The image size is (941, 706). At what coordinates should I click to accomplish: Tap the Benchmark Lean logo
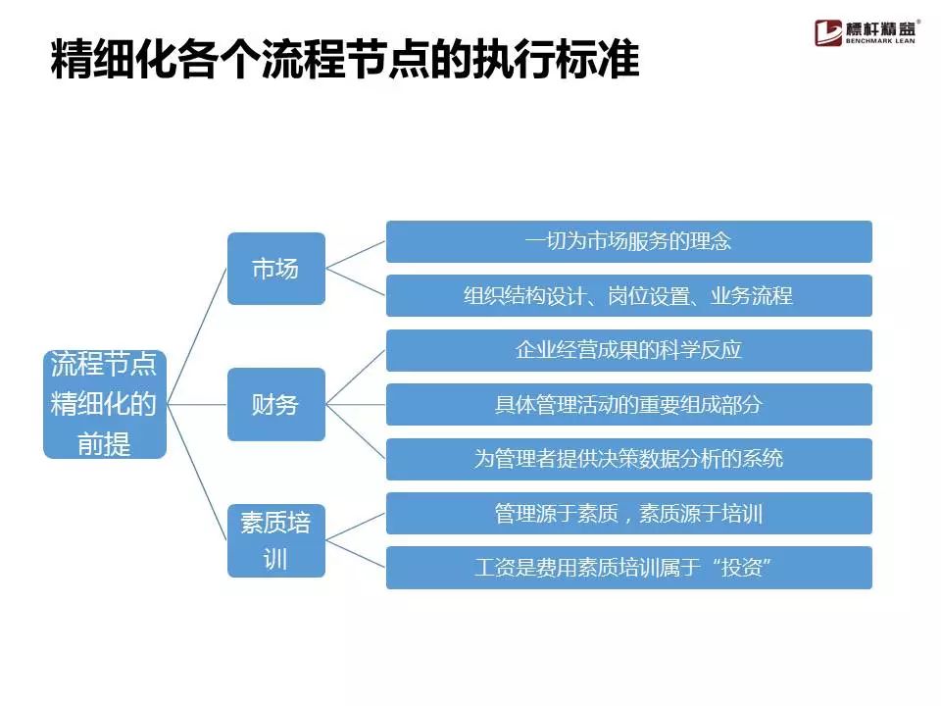pyautogui.click(x=866, y=32)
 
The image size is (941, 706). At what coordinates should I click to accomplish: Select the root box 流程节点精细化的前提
pyautogui.click(x=105, y=404)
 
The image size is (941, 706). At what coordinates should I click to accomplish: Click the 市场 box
pyautogui.click(x=276, y=269)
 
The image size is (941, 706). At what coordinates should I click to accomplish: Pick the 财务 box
pyautogui.click(x=276, y=404)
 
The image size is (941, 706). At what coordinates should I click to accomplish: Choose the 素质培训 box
pyautogui.click(x=276, y=540)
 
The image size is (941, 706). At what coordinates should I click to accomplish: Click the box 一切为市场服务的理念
pyautogui.click(x=629, y=241)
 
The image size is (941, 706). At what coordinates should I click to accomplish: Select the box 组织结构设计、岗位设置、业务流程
pyautogui.click(x=629, y=295)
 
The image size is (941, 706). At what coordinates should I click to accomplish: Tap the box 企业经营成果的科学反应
pyautogui.click(x=629, y=350)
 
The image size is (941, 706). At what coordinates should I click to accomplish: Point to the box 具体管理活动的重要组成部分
pyautogui.click(x=629, y=404)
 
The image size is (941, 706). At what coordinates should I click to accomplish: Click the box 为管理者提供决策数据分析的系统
pyautogui.click(x=629, y=459)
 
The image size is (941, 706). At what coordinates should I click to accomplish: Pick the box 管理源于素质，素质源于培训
pyautogui.click(x=629, y=513)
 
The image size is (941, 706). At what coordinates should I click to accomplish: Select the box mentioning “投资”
pyautogui.click(x=629, y=568)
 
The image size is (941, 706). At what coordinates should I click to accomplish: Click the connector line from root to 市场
pyautogui.click(x=197, y=336)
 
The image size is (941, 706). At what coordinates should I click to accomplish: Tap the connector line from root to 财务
pyautogui.click(x=197, y=404)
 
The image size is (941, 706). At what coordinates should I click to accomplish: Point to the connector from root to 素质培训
pyautogui.click(x=197, y=472)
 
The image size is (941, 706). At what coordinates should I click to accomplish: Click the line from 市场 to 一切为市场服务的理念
pyautogui.click(x=355, y=255)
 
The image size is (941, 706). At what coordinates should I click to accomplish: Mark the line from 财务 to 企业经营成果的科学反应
pyautogui.click(x=355, y=377)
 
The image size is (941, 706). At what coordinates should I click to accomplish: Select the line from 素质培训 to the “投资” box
pyautogui.click(x=355, y=554)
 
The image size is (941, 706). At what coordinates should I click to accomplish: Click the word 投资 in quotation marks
pyautogui.click(x=742, y=568)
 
